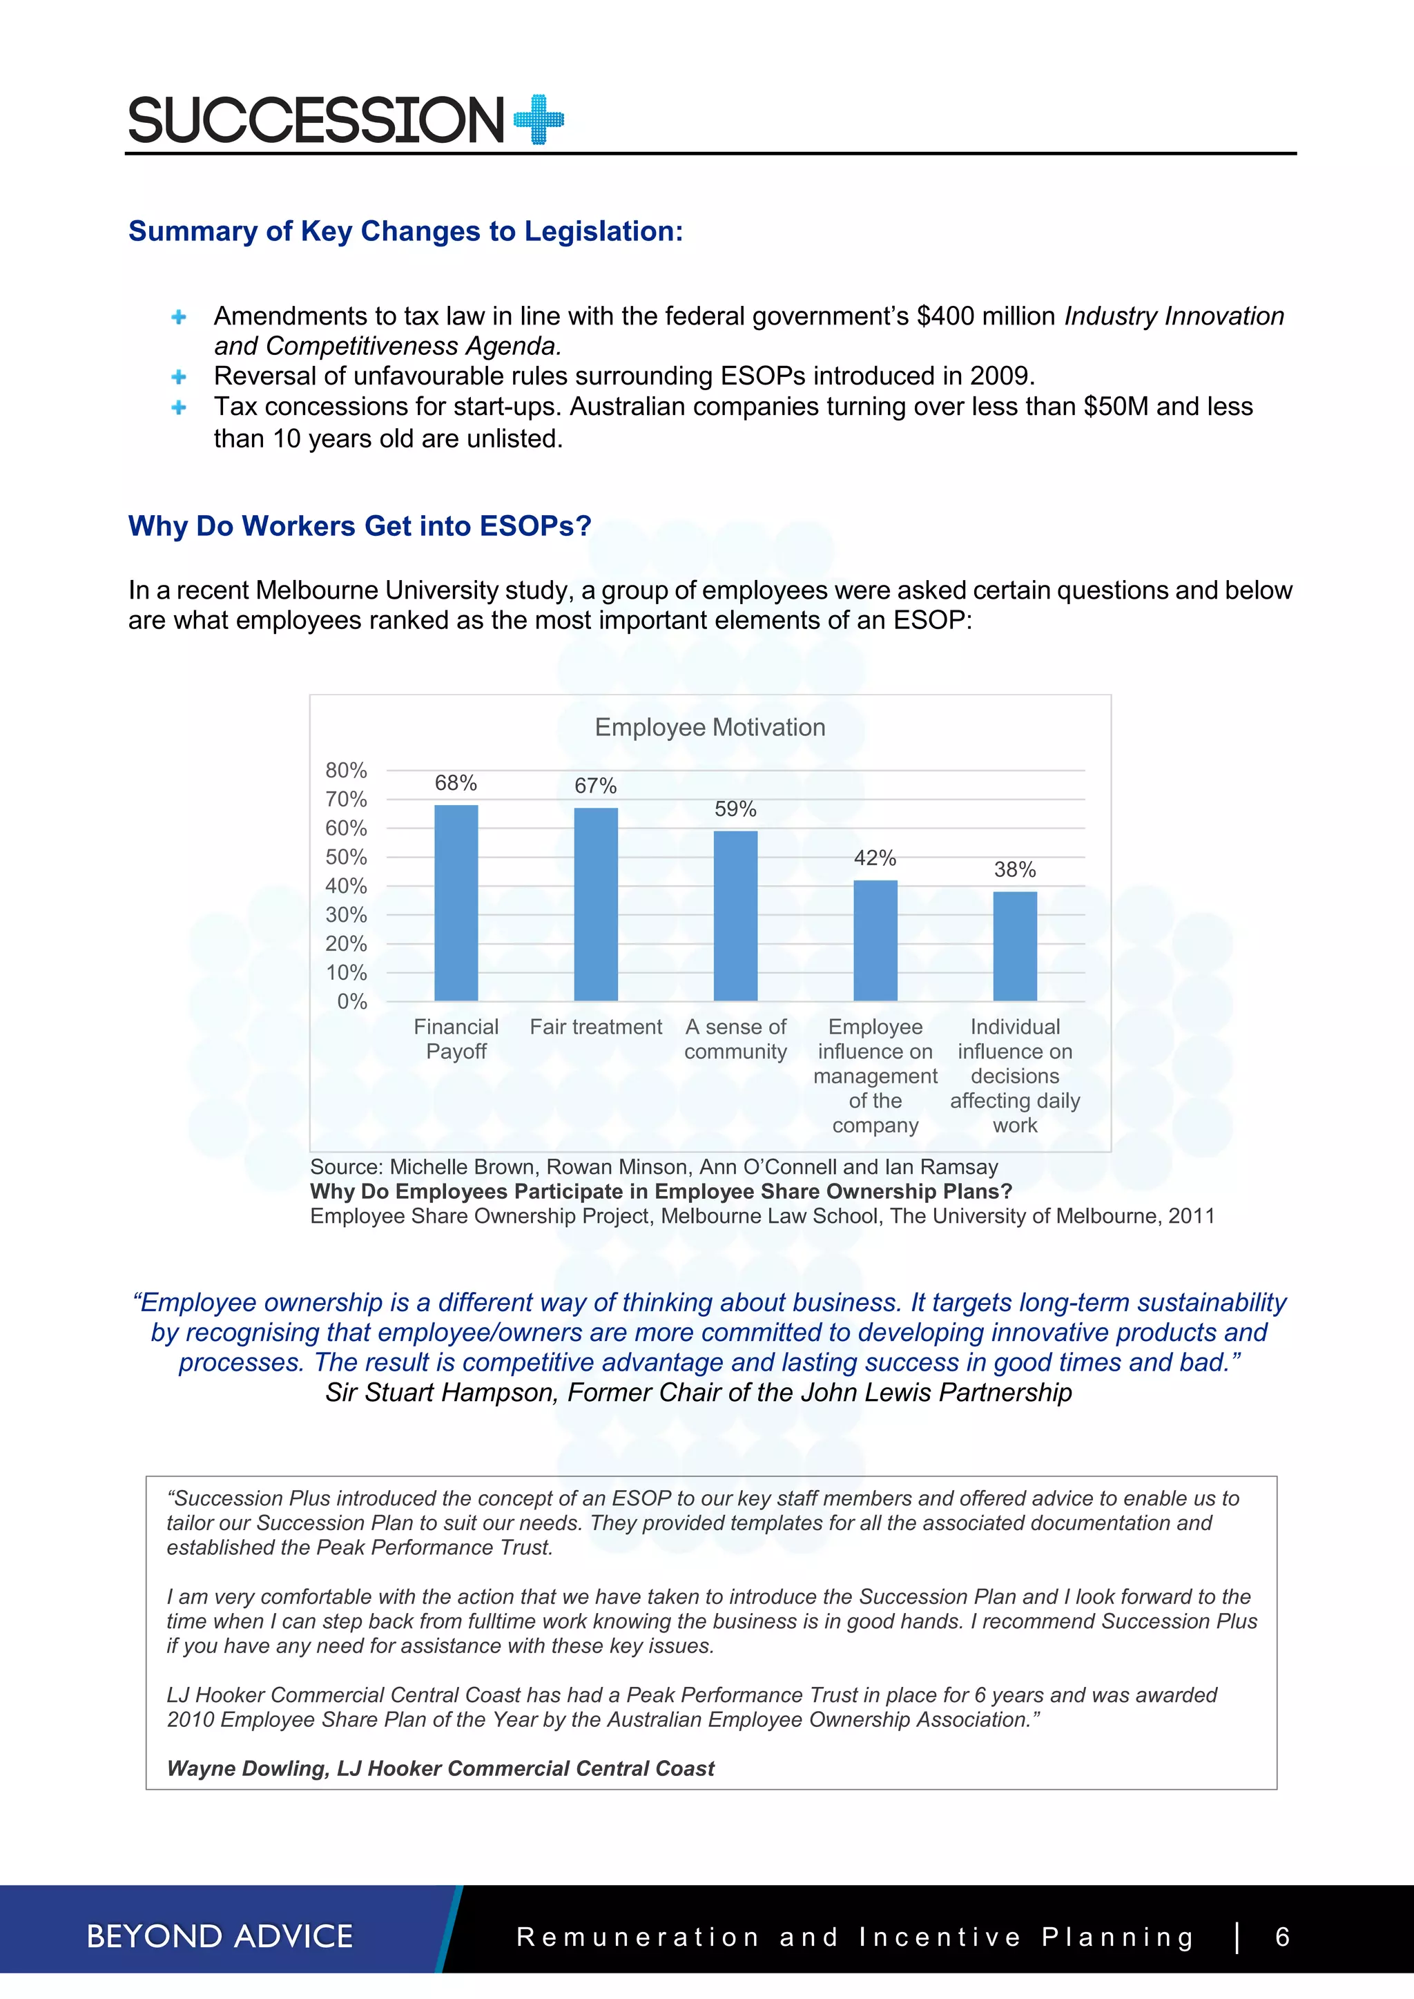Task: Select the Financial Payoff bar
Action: click(x=456, y=903)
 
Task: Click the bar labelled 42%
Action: click(x=875, y=940)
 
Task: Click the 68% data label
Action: click(x=456, y=783)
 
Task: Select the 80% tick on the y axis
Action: click(x=346, y=771)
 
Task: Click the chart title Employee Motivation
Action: click(x=710, y=727)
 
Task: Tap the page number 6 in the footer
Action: click(x=1281, y=1936)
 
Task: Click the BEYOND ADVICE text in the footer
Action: click(x=220, y=1936)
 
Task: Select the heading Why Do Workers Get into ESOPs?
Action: click(x=360, y=526)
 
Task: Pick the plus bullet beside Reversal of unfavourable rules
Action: click(x=179, y=376)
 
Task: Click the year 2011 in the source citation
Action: click(x=1191, y=1216)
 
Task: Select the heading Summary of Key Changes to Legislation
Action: click(x=406, y=231)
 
